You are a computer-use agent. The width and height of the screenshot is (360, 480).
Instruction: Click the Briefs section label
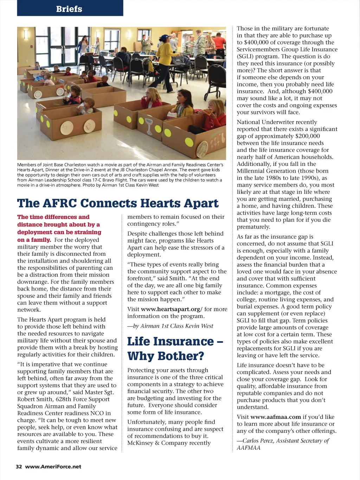click(69, 9)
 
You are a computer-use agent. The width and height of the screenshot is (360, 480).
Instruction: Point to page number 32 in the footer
click(19, 467)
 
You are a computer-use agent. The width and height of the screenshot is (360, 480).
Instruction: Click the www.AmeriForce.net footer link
click(53, 467)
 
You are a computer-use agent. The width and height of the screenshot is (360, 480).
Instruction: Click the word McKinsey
click(140, 443)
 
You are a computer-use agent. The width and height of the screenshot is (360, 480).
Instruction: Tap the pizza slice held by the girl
click(208, 112)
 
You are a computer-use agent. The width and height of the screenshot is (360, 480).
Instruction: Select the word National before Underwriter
click(248, 122)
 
